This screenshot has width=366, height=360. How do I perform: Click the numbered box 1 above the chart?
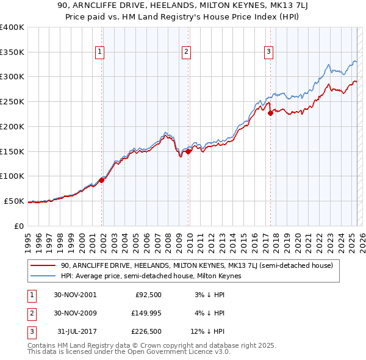[x=99, y=52]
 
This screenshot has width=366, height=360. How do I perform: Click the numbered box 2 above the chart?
[x=185, y=52]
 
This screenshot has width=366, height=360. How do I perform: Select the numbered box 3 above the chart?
[x=268, y=52]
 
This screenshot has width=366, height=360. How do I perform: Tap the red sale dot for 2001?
[x=102, y=180]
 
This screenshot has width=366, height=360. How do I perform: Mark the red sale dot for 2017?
[x=270, y=113]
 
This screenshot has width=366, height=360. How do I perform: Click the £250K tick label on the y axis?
[x=12, y=102]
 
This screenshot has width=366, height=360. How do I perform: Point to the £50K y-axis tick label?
[x=15, y=201]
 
